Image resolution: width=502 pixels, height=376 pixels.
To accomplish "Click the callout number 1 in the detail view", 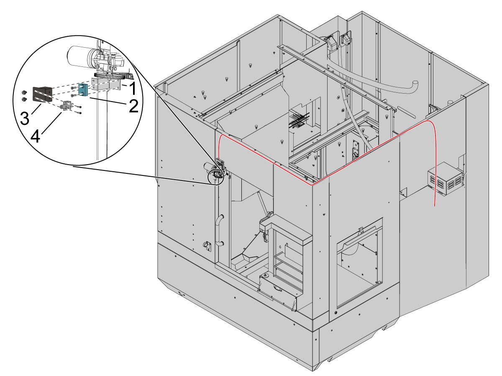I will tap(132, 89).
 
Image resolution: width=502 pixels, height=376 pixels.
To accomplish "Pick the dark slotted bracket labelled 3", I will tap(42, 94).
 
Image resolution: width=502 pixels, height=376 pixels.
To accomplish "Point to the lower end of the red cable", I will tap(435, 206).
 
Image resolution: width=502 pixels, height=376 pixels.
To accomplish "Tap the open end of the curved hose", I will tap(415, 83).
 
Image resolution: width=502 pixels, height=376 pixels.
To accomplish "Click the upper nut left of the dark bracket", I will tap(24, 92).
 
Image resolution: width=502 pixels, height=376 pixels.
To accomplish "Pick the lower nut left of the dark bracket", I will tap(24, 99).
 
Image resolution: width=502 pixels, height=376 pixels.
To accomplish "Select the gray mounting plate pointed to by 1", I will tap(107, 86).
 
